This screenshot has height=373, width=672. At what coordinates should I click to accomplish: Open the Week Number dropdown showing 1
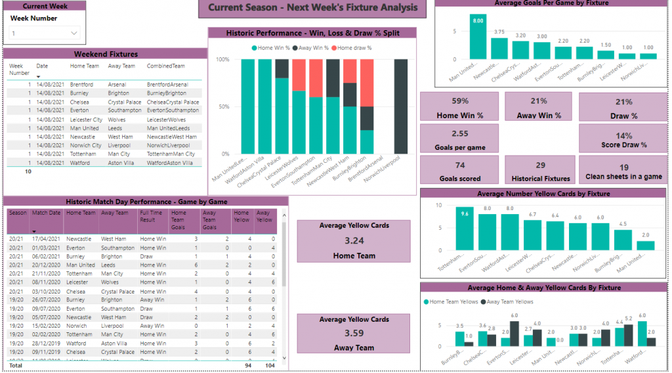click(45, 33)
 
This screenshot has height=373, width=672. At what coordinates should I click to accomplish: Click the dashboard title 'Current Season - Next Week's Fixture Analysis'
click(312, 8)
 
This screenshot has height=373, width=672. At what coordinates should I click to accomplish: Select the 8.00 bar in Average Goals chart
click(478, 37)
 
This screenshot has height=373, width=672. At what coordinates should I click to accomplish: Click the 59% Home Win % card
click(459, 107)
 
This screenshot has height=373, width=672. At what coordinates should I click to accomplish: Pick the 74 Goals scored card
click(459, 171)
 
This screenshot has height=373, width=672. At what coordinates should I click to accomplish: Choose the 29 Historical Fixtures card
click(540, 171)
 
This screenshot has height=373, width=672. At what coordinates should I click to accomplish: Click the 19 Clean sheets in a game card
click(623, 171)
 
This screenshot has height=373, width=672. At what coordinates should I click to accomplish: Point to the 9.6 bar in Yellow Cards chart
click(465, 229)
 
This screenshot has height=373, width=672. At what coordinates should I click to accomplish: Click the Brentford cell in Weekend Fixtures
click(81, 85)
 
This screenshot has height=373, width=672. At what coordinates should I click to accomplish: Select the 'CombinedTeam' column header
click(163, 66)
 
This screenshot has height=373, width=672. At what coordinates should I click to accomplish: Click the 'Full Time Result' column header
click(152, 217)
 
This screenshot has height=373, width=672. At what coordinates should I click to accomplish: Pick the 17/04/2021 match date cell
click(46, 239)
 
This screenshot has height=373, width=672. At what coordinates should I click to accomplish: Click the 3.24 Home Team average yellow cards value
click(354, 240)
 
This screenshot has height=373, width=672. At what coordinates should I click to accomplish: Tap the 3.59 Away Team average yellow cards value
click(354, 333)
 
